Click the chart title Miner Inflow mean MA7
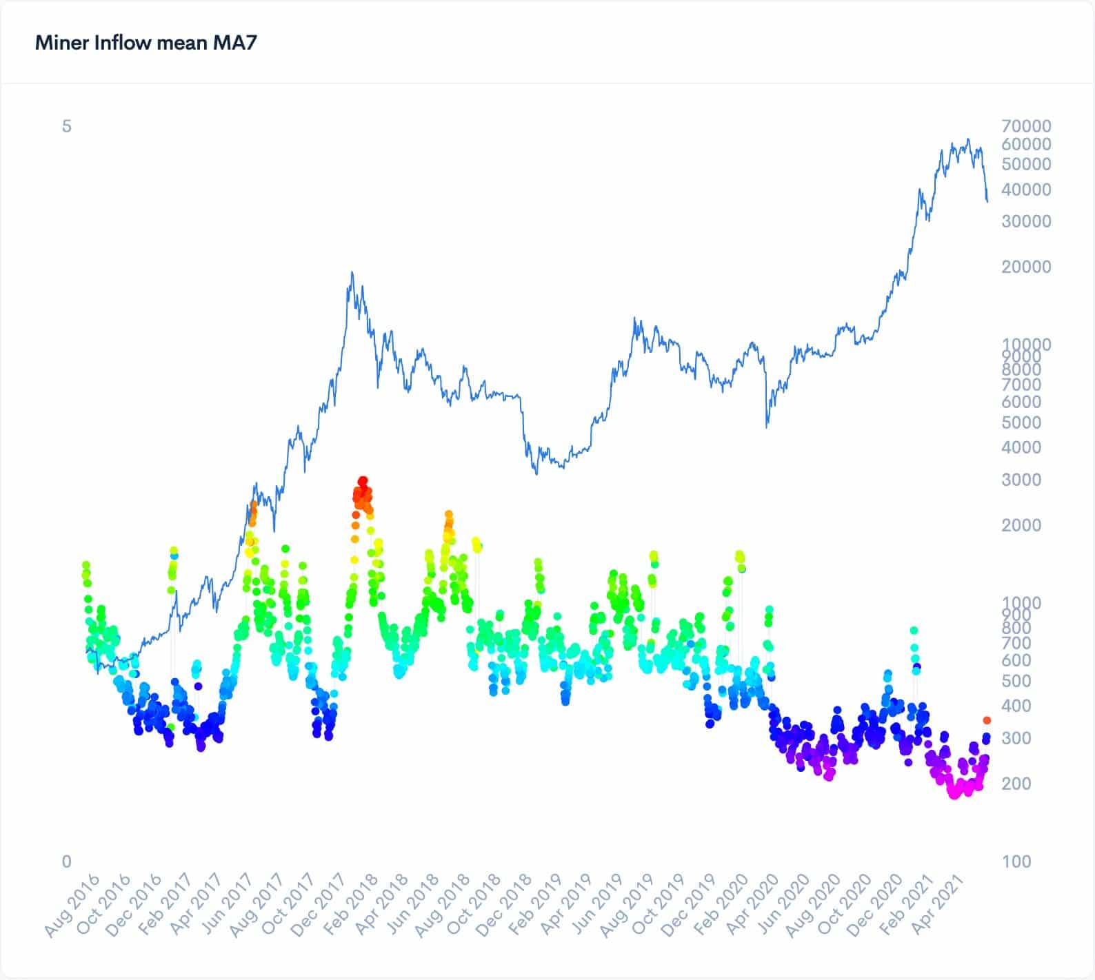click(145, 43)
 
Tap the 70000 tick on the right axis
click(1026, 126)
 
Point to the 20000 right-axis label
click(1026, 267)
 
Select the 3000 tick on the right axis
click(1021, 480)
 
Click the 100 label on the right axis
click(1016, 861)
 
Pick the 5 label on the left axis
click(66, 126)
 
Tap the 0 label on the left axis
click(66, 861)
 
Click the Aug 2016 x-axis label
click(72, 905)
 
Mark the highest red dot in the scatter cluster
click(363, 480)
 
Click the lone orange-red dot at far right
click(987, 720)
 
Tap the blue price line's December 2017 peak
click(352, 272)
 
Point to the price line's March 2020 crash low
click(767, 427)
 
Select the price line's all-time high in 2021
click(968, 139)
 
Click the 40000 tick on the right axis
click(1026, 190)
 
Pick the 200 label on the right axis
click(1016, 784)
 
